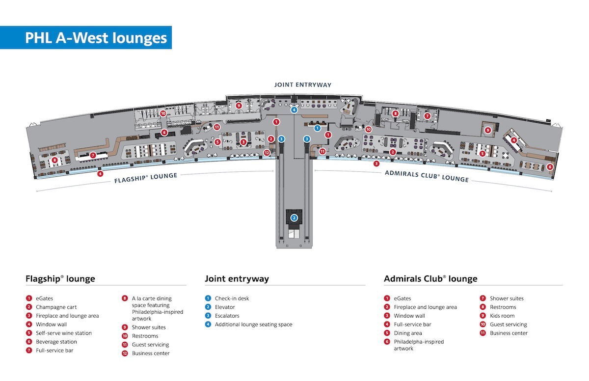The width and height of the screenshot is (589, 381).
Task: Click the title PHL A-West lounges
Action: pyautogui.click(x=96, y=38)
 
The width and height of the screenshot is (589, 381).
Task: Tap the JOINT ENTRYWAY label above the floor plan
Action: pyautogui.click(x=303, y=84)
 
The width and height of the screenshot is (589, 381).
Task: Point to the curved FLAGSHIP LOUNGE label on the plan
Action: pyautogui.click(x=146, y=178)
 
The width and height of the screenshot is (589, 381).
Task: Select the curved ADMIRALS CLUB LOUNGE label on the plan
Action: pyautogui.click(x=427, y=176)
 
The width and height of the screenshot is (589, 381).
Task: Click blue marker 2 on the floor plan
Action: pyautogui.click(x=294, y=218)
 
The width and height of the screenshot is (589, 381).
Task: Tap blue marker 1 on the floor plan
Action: pyautogui.click(x=318, y=128)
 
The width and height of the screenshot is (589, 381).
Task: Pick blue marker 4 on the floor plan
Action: pyautogui.click(x=294, y=110)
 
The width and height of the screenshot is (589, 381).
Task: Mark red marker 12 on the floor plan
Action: pyautogui.click(x=267, y=153)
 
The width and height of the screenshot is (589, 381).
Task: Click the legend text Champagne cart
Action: pyautogui.click(x=56, y=307)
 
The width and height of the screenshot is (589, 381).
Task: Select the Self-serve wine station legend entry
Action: pyautogui.click(x=64, y=333)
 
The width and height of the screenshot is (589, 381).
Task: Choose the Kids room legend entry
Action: pyautogui.click(x=502, y=316)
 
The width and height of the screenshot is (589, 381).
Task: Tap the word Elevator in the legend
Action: pyautogui.click(x=225, y=307)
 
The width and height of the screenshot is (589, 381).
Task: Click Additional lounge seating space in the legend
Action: pyautogui.click(x=253, y=324)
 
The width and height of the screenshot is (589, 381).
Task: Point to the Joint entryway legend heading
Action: pyautogui.click(x=237, y=278)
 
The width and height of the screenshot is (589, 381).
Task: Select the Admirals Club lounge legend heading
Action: pyautogui.click(x=431, y=278)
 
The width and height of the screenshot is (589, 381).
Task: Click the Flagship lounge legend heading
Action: pyautogui.click(x=60, y=278)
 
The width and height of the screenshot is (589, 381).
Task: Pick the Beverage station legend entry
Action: pyautogui.click(x=56, y=342)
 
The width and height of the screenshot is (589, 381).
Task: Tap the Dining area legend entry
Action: pyautogui.click(x=408, y=333)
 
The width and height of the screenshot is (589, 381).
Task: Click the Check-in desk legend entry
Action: pyautogui.click(x=232, y=298)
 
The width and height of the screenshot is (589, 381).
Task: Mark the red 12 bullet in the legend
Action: pyautogui.click(x=125, y=354)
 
